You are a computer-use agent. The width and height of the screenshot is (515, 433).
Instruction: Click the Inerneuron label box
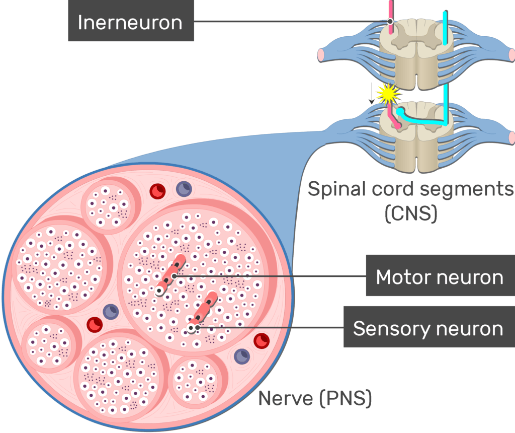(x=131, y=23)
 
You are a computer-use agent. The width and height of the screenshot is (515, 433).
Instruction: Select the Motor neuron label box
(x=440, y=276)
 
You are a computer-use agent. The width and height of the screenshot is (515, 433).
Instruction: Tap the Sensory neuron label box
(x=428, y=328)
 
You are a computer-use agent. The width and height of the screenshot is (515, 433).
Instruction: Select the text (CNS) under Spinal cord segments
(x=410, y=213)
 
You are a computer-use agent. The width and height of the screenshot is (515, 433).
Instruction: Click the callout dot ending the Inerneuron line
(x=390, y=22)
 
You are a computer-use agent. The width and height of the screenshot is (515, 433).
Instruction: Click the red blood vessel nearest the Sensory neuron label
(x=261, y=341)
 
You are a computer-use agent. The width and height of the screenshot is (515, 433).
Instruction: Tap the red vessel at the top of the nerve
(x=158, y=191)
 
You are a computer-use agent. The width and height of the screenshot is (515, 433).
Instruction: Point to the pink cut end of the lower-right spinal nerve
(x=511, y=137)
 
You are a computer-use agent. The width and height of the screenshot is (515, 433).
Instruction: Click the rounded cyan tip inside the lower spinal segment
(x=400, y=111)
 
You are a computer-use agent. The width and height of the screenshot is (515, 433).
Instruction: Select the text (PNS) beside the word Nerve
(x=346, y=399)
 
